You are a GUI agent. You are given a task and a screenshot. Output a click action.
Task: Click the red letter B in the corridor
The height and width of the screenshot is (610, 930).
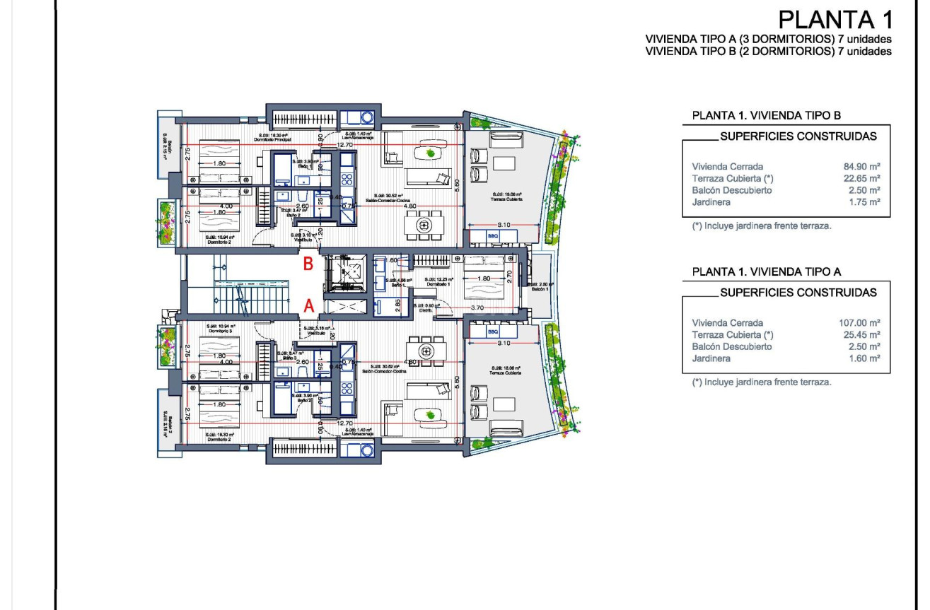coord(308,265)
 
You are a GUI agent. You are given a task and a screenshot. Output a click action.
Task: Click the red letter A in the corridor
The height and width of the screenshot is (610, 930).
coord(308,306)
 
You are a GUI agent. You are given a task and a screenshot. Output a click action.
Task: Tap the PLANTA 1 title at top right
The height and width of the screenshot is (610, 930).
coord(835,18)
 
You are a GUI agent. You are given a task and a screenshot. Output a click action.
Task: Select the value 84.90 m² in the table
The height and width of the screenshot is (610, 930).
coord(859,166)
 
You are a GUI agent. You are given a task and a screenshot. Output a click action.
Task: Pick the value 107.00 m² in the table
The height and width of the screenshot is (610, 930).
coord(857,322)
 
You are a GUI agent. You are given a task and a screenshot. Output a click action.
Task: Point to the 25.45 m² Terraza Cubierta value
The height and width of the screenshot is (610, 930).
coord(861,334)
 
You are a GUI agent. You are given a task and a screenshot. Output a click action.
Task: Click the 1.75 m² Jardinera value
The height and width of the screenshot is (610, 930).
coord(864,202)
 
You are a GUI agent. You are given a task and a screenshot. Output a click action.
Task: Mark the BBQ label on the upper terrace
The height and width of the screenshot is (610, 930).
coord(493,235)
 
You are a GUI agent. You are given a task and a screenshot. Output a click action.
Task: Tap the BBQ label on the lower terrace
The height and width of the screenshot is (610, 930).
coord(493,332)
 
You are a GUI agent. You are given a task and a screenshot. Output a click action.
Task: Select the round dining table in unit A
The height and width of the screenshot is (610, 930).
coord(425,351)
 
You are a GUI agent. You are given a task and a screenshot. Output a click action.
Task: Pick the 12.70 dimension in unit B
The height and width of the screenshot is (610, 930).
coord(344,145)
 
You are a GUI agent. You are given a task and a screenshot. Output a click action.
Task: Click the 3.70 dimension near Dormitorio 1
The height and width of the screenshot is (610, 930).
coord(477,308)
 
